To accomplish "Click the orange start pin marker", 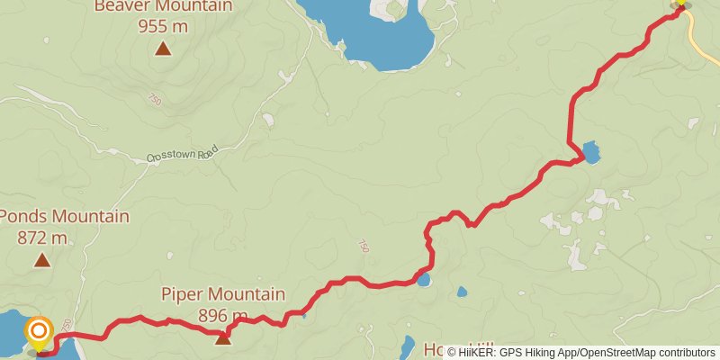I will (x=40, y=333).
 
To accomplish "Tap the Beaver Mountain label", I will (x=163, y=5).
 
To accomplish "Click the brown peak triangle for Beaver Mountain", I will (x=163, y=49).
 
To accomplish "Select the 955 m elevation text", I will (x=163, y=25).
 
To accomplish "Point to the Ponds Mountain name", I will (x=64, y=217).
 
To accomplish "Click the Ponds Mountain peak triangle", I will (x=41, y=261).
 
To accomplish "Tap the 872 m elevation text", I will (x=42, y=238).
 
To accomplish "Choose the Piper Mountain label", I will (x=223, y=294).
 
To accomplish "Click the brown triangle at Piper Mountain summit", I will (x=222, y=337).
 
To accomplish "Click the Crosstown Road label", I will (x=184, y=156).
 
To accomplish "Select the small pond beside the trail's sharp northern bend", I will (x=590, y=152).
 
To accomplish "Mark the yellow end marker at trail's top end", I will (x=680, y=4).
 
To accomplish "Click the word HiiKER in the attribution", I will (x=479, y=352).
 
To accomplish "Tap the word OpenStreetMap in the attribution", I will (x=621, y=352).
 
